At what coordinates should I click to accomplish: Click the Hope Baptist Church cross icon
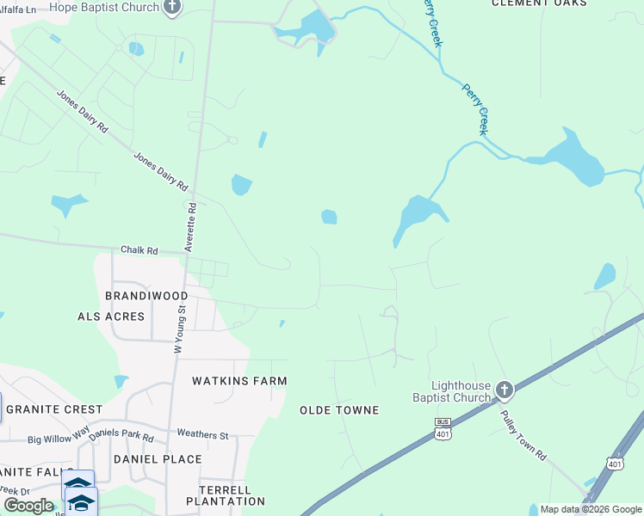point(172,7)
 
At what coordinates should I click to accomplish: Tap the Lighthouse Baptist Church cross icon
point(504,391)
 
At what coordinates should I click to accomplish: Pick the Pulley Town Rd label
point(523,436)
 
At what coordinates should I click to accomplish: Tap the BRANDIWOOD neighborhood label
point(146,295)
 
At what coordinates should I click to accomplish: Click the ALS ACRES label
point(111,316)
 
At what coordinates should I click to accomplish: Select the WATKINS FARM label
point(238,380)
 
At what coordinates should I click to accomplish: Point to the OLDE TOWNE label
point(339,410)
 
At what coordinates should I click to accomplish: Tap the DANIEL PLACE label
point(158,459)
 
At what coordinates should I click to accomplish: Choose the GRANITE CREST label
point(53,410)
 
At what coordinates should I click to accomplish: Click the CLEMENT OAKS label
point(539,3)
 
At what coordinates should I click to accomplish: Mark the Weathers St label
point(202,434)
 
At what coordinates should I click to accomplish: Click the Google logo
point(28,505)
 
